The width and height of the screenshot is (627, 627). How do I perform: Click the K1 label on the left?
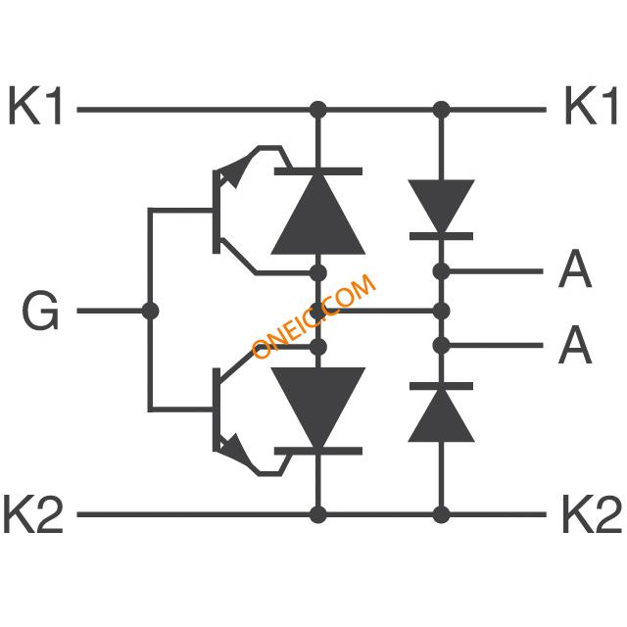click(x=35, y=106)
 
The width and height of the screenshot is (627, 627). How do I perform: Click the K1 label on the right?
click(x=591, y=106)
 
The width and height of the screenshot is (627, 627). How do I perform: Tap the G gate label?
click(x=40, y=311)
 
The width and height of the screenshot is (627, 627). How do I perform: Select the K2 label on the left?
click(x=32, y=513)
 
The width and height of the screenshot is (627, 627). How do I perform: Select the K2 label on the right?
click(x=592, y=513)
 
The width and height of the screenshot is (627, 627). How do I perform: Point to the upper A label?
click(x=575, y=268)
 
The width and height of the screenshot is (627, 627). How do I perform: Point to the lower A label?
click(x=575, y=344)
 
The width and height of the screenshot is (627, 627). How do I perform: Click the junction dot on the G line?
click(x=150, y=311)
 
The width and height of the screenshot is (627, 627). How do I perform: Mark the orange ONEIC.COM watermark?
click(x=313, y=315)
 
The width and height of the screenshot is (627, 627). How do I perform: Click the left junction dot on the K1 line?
click(x=318, y=109)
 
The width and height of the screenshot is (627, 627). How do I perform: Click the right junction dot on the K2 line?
click(x=441, y=514)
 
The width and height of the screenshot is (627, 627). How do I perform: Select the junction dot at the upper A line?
click(x=441, y=271)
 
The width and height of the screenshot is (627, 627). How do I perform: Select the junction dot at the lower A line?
click(x=441, y=346)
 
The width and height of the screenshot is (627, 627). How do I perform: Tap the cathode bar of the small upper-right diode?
click(x=441, y=236)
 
